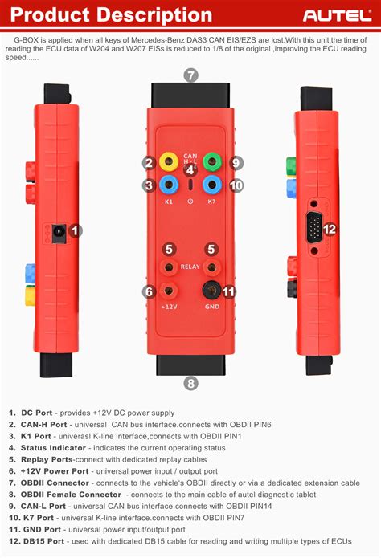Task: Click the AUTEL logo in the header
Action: tap(335, 15)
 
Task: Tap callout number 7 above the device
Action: tap(190, 75)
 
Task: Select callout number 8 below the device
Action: tap(190, 383)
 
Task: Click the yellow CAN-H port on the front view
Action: tap(169, 161)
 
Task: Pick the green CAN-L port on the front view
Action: tap(212, 161)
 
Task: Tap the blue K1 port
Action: tap(169, 185)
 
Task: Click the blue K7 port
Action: tap(212, 185)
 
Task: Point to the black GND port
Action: tap(212, 291)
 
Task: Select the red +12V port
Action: tap(169, 291)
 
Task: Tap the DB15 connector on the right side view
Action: tap(313, 228)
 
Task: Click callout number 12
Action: tap(330, 229)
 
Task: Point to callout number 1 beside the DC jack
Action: tap(76, 231)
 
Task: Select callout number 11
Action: tap(228, 291)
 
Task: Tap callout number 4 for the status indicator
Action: tap(190, 169)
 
